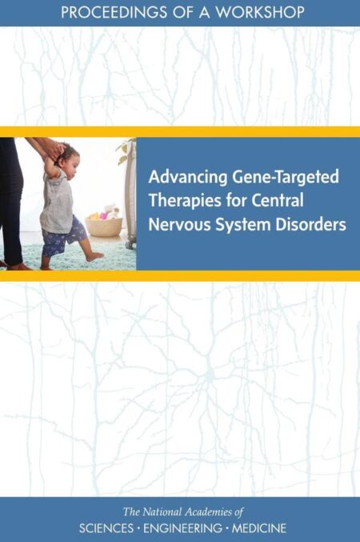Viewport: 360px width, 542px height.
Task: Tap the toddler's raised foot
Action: pyautogui.click(x=94, y=256)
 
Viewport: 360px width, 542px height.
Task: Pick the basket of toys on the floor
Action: pyautogui.click(x=104, y=225)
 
